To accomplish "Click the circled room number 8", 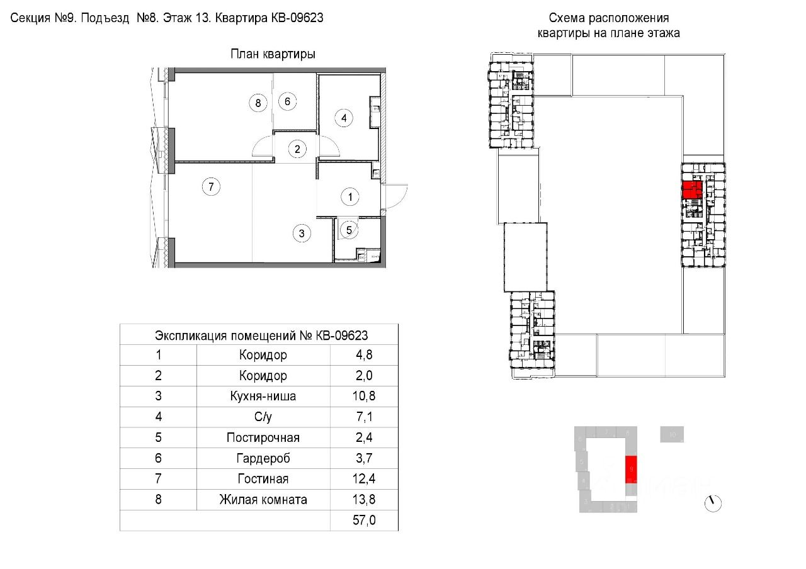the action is [258, 102].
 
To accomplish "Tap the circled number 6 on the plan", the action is [287, 101].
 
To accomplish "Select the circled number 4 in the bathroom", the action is [344, 118].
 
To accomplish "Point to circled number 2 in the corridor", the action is [297, 149].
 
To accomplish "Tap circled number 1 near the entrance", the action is [350, 197].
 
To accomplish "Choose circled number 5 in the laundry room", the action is [350, 230].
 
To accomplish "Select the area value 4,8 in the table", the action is [365, 355].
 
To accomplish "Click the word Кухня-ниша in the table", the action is [263, 397].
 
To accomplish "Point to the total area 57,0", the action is [365, 521].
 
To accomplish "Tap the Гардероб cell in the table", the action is [263, 458].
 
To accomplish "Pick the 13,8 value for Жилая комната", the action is [365, 500].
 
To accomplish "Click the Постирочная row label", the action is [263, 437].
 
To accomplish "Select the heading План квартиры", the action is [273, 54].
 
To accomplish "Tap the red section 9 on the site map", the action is [631, 470].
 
